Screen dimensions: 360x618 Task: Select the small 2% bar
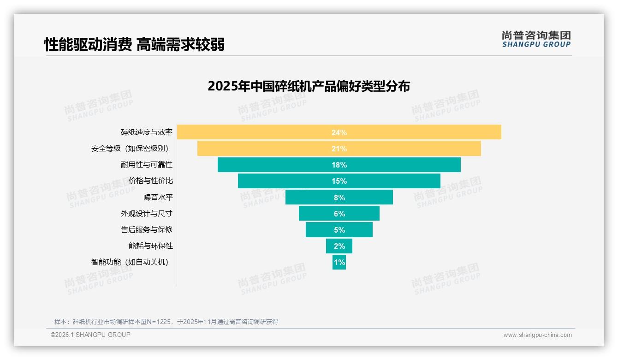point(339,246)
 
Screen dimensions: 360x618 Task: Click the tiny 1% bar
point(339,262)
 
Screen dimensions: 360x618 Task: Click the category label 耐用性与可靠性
point(147,165)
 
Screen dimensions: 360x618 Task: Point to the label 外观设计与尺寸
point(147,213)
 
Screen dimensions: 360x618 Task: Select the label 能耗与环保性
point(151,246)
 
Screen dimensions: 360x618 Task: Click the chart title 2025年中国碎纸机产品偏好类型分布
point(309,86)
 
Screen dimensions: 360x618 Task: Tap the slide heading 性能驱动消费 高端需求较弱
point(135,44)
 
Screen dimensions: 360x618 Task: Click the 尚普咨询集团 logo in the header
point(536,39)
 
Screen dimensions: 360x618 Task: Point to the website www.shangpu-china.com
point(537,335)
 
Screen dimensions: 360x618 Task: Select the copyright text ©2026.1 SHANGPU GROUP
point(90,335)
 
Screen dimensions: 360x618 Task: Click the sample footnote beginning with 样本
point(166,322)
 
